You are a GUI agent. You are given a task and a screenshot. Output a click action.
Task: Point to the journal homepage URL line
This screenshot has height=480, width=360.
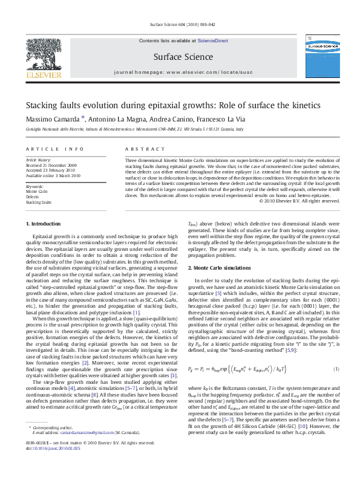point(180,71)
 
